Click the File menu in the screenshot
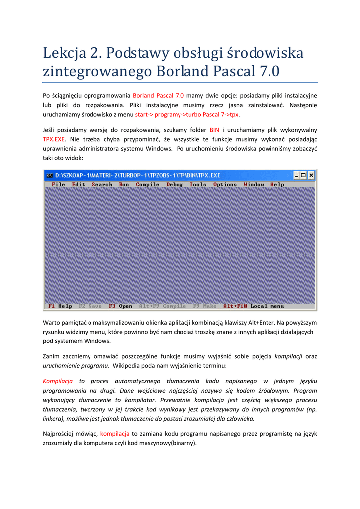pyautogui.click(x=58, y=184)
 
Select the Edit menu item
pyautogui.click(x=78, y=184)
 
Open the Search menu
pyautogui.click(x=102, y=184)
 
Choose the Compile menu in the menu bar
pyautogui.click(x=147, y=184)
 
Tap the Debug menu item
pyautogui.click(x=174, y=184)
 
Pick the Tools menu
pyautogui.click(x=198, y=184)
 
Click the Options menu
pyautogui.click(x=225, y=184)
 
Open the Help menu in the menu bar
pyautogui.click(x=277, y=184)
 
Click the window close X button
pyautogui.click(x=311, y=175)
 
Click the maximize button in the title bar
pyautogui.click(x=304, y=175)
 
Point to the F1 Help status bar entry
pyautogui.click(x=60, y=306)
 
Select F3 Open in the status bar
pyautogui.click(x=120, y=306)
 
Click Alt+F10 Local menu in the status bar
pyautogui.click(x=254, y=306)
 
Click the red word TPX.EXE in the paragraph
pyautogui.click(x=52, y=139)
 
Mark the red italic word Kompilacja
pyautogui.click(x=58, y=381)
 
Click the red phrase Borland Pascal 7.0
pyautogui.click(x=159, y=95)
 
